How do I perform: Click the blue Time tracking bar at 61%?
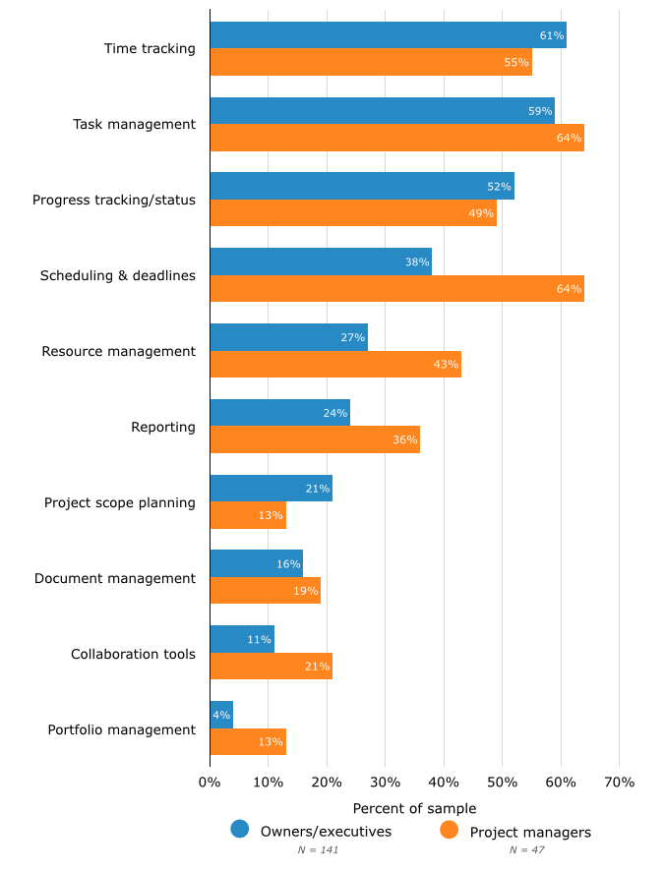[x=388, y=35]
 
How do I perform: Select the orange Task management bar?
[x=396, y=138]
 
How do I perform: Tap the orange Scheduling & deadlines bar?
[x=396, y=289]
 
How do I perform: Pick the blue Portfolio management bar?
[x=221, y=715]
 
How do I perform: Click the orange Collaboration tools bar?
[x=271, y=667]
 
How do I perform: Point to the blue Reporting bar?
[x=279, y=413]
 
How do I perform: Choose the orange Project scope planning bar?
[x=248, y=515]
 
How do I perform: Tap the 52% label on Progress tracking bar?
[x=500, y=187]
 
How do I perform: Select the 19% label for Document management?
[x=305, y=591]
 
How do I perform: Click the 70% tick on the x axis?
[x=619, y=783]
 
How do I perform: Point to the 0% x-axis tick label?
[x=210, y=783]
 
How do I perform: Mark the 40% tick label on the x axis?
[x=444, y=783]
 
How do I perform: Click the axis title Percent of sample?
[x=414, y=808]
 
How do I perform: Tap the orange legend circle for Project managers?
[x=450, y=830]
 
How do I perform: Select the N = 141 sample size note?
[x=318, y=849]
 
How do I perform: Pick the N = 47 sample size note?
[x=526, y=849]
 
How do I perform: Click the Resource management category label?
[x=118, y=351]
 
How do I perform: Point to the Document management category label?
[x=114, y=578]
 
